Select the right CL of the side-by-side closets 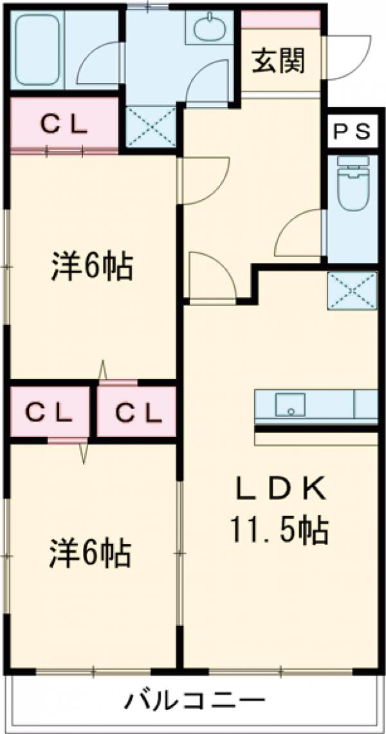137,412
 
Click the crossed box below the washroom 151,126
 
